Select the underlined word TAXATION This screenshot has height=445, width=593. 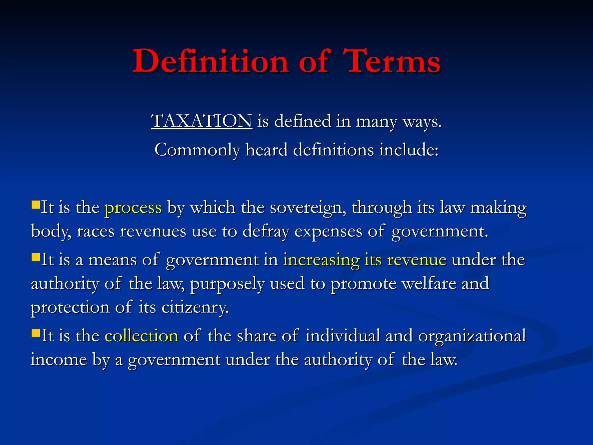point(202,121)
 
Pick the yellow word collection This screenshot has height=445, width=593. point(141,336)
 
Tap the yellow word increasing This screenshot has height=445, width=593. point(321,260)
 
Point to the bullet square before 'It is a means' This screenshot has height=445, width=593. point(36,257)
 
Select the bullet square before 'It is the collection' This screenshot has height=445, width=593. point(36,333)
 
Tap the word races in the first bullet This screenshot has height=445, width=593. point(96,231)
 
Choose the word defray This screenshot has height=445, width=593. point(266,231)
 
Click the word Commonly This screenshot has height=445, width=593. point(197,150)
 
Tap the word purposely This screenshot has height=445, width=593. point(227,284)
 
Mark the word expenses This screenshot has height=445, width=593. point(328,231)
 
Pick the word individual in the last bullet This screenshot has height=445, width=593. point(343,336)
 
